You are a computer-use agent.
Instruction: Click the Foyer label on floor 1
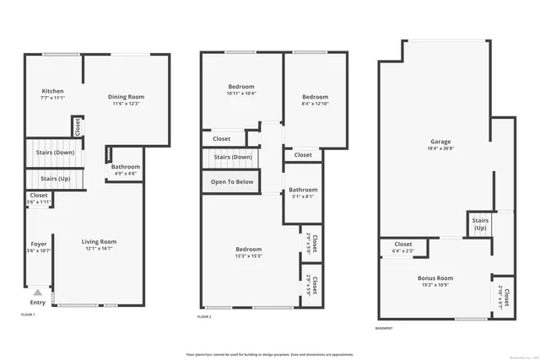point(39,246)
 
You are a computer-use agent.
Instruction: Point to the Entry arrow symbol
point(37,293)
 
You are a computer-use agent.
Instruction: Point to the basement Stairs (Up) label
point(480,224)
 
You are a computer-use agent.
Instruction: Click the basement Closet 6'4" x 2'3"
point(402,247)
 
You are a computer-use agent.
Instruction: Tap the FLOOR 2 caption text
point(204,316)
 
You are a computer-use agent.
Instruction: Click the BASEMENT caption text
point(386,328)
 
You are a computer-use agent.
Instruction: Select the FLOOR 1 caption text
point(29,314)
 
